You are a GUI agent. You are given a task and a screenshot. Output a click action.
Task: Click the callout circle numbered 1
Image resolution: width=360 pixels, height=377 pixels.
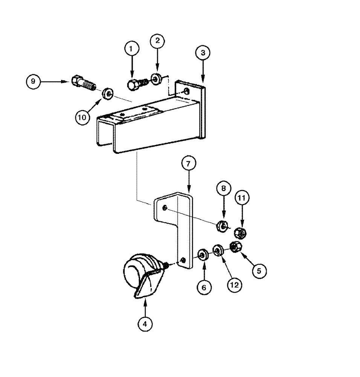tap(131, 49)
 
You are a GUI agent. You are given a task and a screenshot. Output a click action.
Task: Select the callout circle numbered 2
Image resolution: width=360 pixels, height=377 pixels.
tap(157, 41)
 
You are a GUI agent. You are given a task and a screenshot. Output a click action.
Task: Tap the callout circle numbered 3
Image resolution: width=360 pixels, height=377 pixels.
tap(203, 53)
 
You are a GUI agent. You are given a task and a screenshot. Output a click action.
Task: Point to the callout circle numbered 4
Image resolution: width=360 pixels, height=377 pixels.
tap(145, 323)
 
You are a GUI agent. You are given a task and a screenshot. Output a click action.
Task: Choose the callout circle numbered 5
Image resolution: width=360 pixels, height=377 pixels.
tap(259, 270)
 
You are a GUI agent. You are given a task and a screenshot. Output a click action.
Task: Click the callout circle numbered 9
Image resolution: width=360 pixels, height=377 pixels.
tap(34, 81)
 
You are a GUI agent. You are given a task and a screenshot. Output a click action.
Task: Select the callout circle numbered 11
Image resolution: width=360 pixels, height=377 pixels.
tap(242, 198)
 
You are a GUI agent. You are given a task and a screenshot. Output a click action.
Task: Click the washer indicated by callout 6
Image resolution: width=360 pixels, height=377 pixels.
tap(203, 255)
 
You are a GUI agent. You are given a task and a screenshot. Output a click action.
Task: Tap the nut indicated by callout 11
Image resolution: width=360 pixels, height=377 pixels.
tap(241, 233)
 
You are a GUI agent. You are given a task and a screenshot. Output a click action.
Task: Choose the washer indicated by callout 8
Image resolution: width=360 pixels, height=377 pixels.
tap(222, 227)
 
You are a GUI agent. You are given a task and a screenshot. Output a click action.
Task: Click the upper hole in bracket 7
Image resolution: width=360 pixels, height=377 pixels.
tap(165, 208)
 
